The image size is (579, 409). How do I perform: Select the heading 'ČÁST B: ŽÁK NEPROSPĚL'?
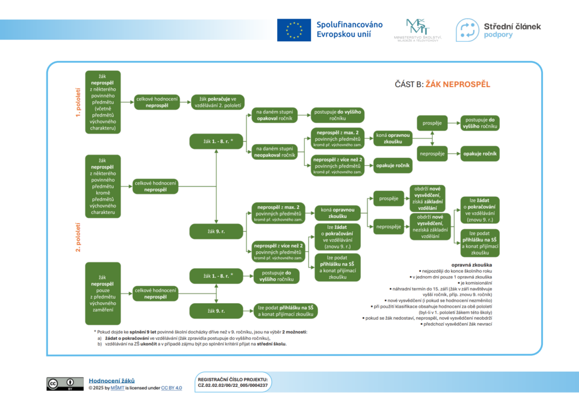tap(442, 84)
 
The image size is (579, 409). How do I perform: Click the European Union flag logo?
tap(293, 30)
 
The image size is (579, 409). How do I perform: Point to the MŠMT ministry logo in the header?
tap(417, 29)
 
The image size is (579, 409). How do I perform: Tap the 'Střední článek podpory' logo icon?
tap(468, 30)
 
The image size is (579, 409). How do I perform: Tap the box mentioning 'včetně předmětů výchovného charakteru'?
tap(102, 102)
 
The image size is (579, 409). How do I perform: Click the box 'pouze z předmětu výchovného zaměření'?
tap(102, 293)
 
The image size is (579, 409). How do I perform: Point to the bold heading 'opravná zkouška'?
tap(471, 265)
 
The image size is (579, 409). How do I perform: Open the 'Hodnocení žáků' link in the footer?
tap(111, 381)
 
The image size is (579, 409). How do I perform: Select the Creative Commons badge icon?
tap(62, 384)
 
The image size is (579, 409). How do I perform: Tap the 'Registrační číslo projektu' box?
tap(232, 382)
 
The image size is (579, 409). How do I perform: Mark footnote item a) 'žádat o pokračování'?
tap(192, 338)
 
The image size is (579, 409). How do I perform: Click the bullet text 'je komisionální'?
tap(475, 282)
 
